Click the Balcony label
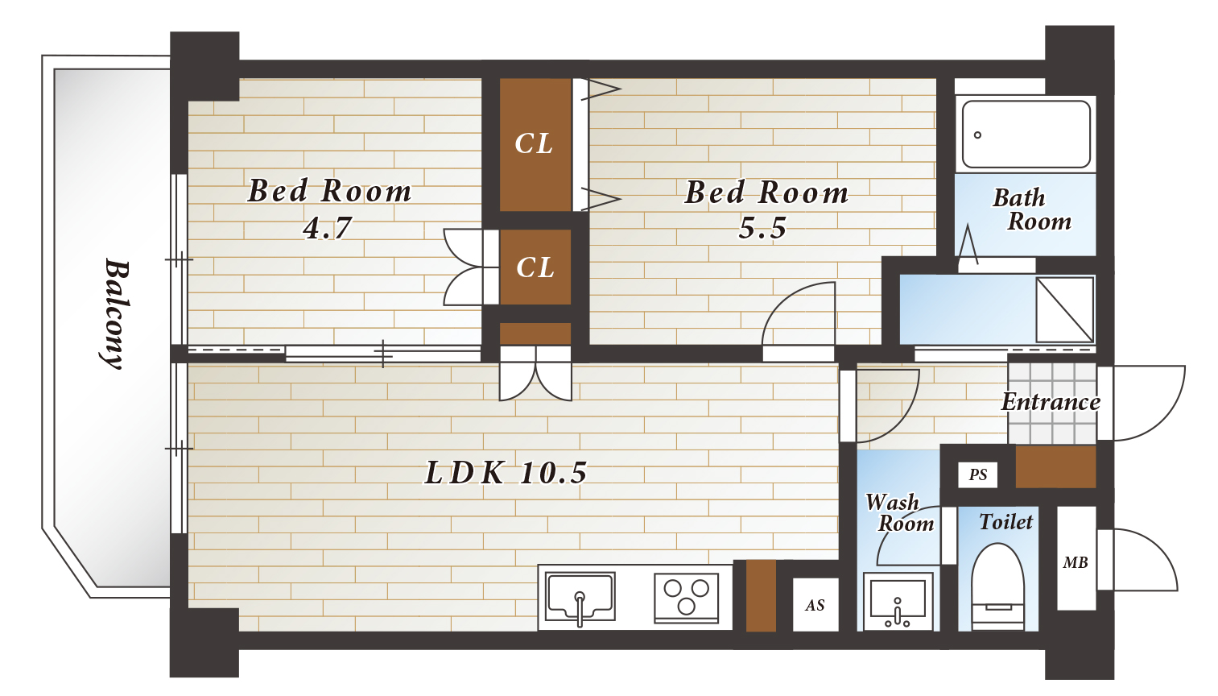click(x=117, y=314)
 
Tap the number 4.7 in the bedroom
click(x=328, y=227)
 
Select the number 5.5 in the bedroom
click(x=762, y=227)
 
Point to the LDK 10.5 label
click(x=506, y=472)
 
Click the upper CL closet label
click(x=534, y=143)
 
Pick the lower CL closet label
click(x=535, y=267)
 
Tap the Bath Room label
click(x=1031, y=209)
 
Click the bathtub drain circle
click(x=977, y=135)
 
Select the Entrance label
click(x=1051, y=402)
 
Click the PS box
click(x=977, y=474)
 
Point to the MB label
click(x=1076, y=562)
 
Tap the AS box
click(x=815, y=605)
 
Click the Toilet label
click(x=1006, y=522)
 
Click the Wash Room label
click(x=899, y=512)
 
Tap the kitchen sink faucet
click(x=580, y=608)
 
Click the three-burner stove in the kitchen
click(x=686, y=598)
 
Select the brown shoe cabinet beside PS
click(x=1055, y=467)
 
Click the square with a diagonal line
click(x=1065, y=310)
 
